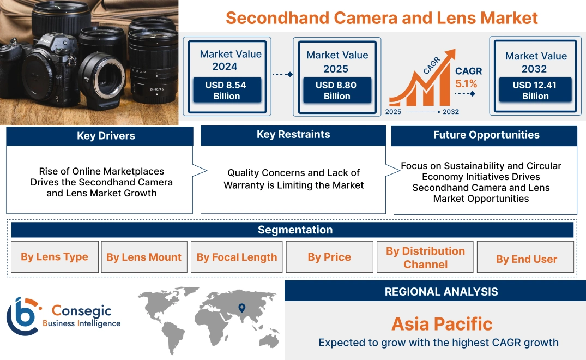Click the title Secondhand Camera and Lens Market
(382, 17)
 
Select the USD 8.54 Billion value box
(226, 90)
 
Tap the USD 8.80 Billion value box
(337, 90)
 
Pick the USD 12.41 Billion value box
(535, 90)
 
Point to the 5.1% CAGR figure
(466, 84)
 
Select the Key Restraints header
(293, 135)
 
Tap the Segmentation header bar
(295, 230)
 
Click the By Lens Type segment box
(55, 257)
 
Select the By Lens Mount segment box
(144, 257)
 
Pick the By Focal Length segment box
(237, 257)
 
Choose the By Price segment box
(329, 257)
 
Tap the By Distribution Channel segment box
(425, 257)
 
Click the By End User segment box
(526, 260)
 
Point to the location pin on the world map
(241, 308)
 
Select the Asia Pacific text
(442, 324)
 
